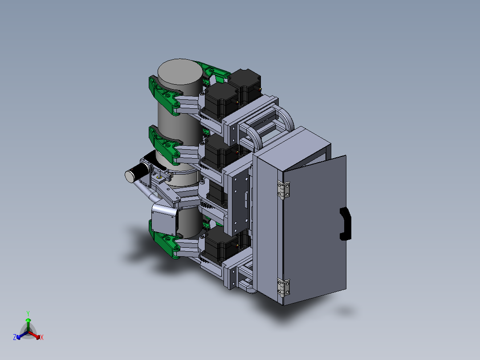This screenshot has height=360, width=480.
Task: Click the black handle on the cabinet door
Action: point(346,224)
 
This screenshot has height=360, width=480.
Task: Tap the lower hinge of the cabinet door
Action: point(284,288)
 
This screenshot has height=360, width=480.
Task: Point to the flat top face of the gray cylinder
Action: point(180,72)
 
